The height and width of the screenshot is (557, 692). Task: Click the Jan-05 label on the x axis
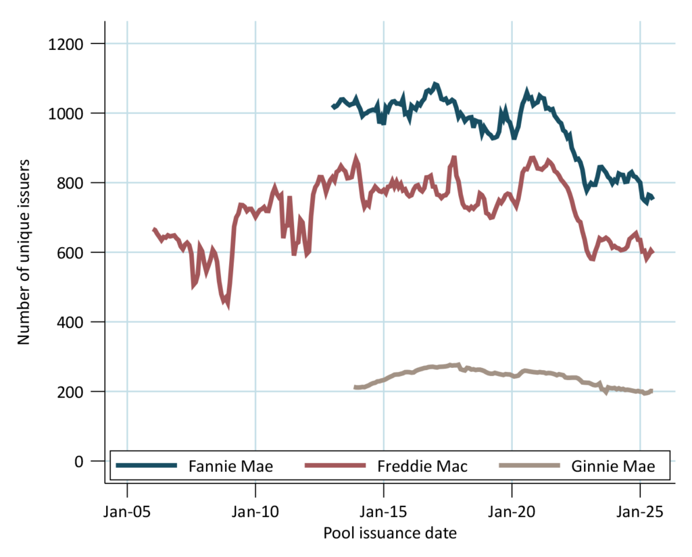click(127, 510)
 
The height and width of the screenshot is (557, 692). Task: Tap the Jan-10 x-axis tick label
click(255, 510)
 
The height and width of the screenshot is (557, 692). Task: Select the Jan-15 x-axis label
click(384, 510)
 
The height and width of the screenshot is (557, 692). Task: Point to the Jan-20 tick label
click(512, 510)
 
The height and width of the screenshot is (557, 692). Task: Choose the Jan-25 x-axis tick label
click(641, 510)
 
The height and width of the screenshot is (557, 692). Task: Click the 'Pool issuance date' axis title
click(390, 533)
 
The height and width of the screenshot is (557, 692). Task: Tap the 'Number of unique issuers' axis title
click(24, 252)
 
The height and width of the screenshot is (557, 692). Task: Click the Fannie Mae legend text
click(230, 466)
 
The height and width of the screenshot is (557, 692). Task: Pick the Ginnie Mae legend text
click(613, 466)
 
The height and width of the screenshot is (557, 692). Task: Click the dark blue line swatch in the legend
click(147, 465)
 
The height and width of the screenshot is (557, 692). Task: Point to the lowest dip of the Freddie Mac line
click(227, 305)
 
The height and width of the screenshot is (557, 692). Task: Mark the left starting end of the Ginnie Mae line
click(355, 388)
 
